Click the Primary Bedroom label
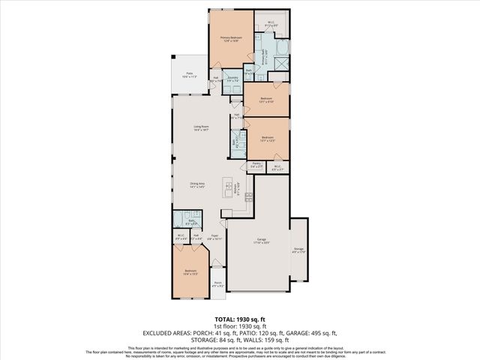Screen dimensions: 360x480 229,39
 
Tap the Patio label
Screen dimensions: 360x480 189,75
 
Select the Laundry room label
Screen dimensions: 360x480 232,79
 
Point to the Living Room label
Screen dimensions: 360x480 200,128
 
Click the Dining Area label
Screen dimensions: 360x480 198,184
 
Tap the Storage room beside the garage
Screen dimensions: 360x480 298,250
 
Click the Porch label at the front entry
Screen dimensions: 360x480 217,284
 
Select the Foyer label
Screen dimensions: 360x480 214,236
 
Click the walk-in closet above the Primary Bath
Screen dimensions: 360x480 271,25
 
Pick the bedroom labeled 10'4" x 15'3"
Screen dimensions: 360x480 190,273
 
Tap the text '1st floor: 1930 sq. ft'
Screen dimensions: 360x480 239,326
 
